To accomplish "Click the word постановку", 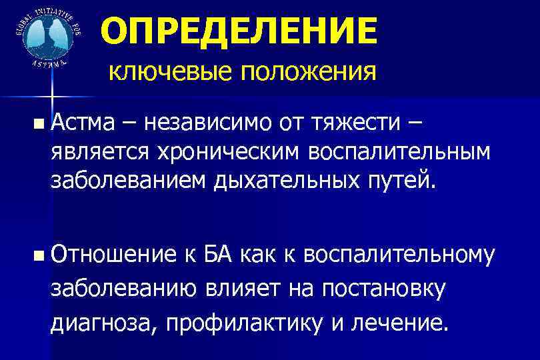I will point(383,289).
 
